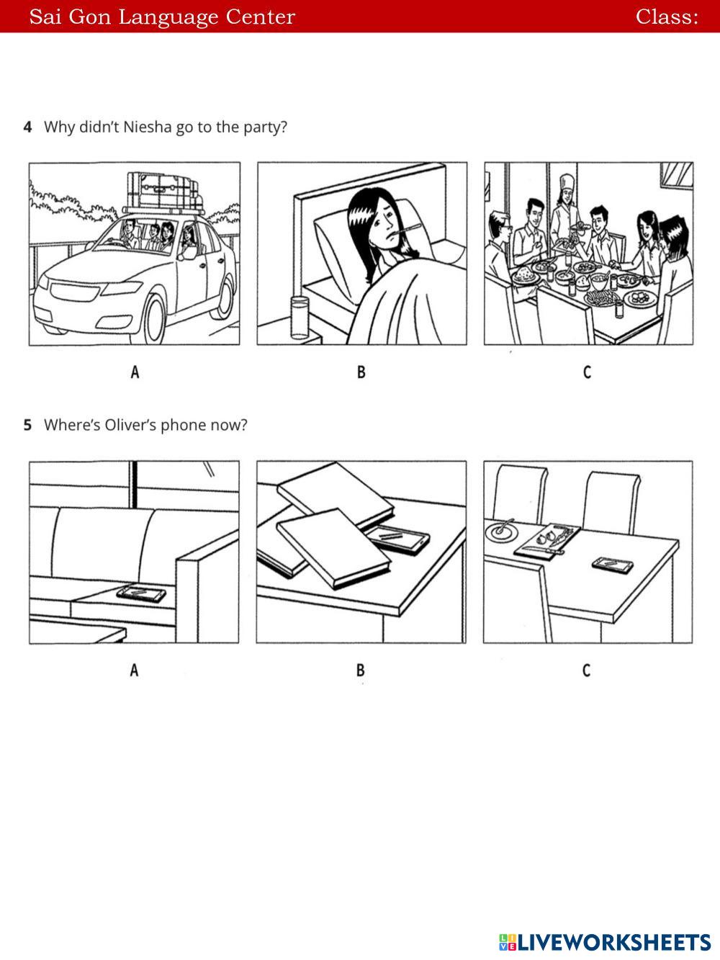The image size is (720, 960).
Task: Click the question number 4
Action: coord(27,127)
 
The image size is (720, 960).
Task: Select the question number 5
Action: coord(27,425)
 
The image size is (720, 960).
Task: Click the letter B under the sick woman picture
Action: coord(361,372)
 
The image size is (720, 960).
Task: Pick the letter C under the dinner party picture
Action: coord(587,372)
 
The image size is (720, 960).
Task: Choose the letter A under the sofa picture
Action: coord(134,670)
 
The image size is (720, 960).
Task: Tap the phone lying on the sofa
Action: coord(141,594)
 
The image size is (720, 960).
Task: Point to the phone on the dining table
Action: coord(613,565)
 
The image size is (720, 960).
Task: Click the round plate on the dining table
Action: coord(502,531)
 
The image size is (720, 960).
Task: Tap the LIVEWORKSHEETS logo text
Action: coord(612,942)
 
